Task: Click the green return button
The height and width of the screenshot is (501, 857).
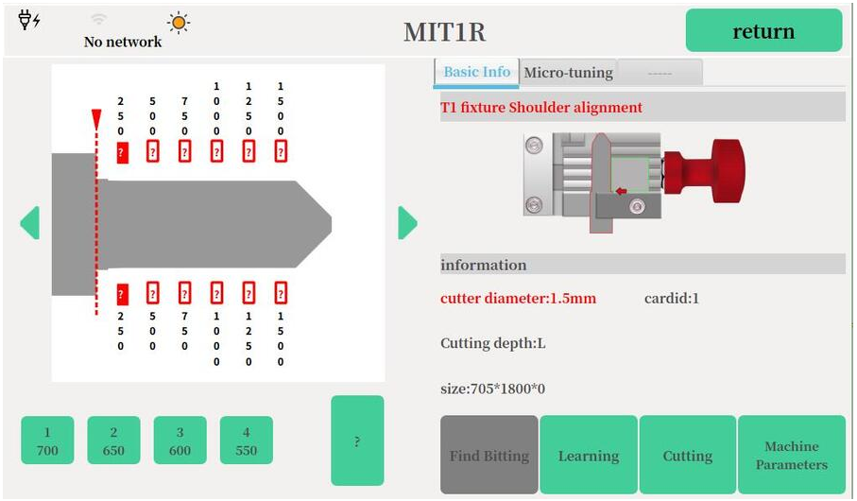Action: pyautogui.click(x=763, y=30)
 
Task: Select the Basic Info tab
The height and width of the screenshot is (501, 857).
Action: pyautogui.click(x=476, y=72)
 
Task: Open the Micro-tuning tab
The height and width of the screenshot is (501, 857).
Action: pyautogui.click(x=569, y=72)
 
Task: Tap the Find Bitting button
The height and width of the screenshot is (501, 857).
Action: pyautogui.click(x=489, y=455)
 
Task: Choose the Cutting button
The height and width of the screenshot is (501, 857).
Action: pyautogui.click(x=688, y=455)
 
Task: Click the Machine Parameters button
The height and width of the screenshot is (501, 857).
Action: pyautogui.click(x=792, y=455)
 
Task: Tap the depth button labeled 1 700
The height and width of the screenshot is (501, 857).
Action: pyautogui.click(x=47, y=441)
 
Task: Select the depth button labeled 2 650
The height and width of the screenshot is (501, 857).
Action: pyautogui.click(x=113, y=441)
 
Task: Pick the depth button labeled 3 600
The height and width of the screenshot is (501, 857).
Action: pyautogui.click(x=180, y=441)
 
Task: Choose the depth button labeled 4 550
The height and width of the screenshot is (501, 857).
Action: pyautogui.click(x=247, y=441)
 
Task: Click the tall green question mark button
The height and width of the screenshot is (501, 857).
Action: pyautogui.click(x=357, y=441)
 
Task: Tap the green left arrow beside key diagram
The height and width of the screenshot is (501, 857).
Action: pyautogui.click(x=30, y=222)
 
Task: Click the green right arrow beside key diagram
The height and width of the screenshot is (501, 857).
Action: pyautogui.click(x=407, y=222)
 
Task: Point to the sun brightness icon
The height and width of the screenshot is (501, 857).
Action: pyautogui.click(x=179, y=23)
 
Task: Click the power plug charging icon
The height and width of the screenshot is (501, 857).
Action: pyautogui.click(x=29, y=20)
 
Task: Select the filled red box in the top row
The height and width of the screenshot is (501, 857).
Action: pyautogui.click(x=123, y=152)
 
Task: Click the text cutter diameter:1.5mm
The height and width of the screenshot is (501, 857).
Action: pyautogui.click(x=518, y=298)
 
